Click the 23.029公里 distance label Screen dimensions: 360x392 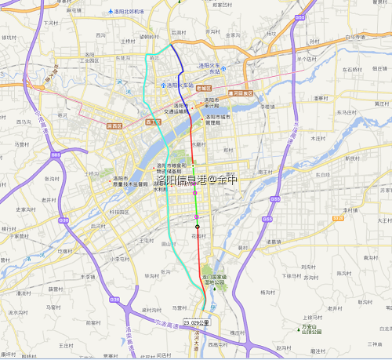click(198, 322)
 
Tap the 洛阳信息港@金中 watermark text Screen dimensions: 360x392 click(195, 180)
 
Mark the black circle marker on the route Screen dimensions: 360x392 click(198, 227)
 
